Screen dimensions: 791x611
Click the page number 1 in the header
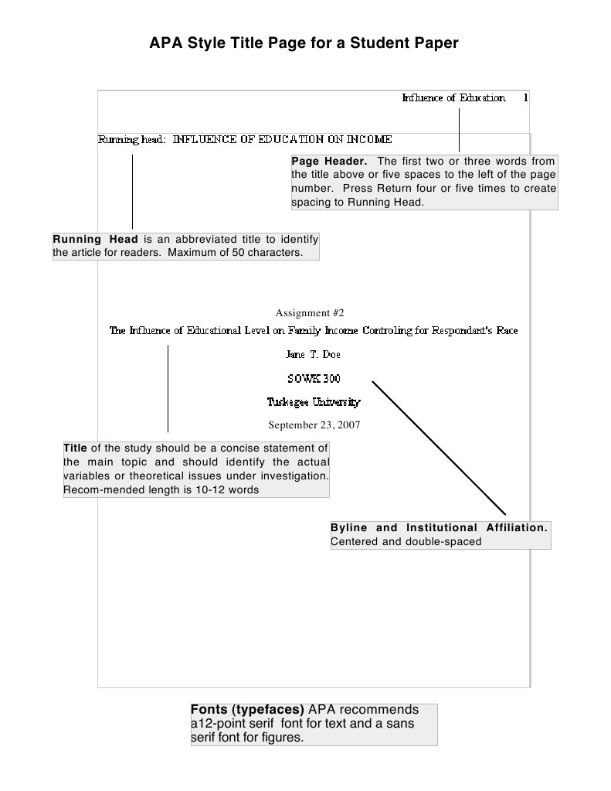point(525,98)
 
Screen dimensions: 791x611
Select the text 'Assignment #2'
point(309,313)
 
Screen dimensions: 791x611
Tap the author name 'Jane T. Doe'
point(313,355)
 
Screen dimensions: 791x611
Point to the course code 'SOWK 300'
point(314,379)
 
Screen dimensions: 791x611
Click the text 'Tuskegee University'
point(313,402)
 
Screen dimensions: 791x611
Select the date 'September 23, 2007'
point(314,424)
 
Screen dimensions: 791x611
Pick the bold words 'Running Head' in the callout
point(94,239)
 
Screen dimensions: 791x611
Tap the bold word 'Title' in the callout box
point(75,448)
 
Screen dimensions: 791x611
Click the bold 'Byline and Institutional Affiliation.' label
point(439,527)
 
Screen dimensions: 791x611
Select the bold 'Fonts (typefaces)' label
point(247,710)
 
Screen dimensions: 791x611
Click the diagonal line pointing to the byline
point(439,448)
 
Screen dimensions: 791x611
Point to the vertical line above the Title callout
point(168,389)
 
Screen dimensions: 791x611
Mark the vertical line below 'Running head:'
point(132,192)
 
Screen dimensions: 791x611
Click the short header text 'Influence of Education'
point(453,98)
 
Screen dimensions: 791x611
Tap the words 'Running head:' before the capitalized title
point(132,140)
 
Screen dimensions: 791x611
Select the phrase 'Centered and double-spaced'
point(406,541)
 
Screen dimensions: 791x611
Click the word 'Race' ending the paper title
point(507,331)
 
